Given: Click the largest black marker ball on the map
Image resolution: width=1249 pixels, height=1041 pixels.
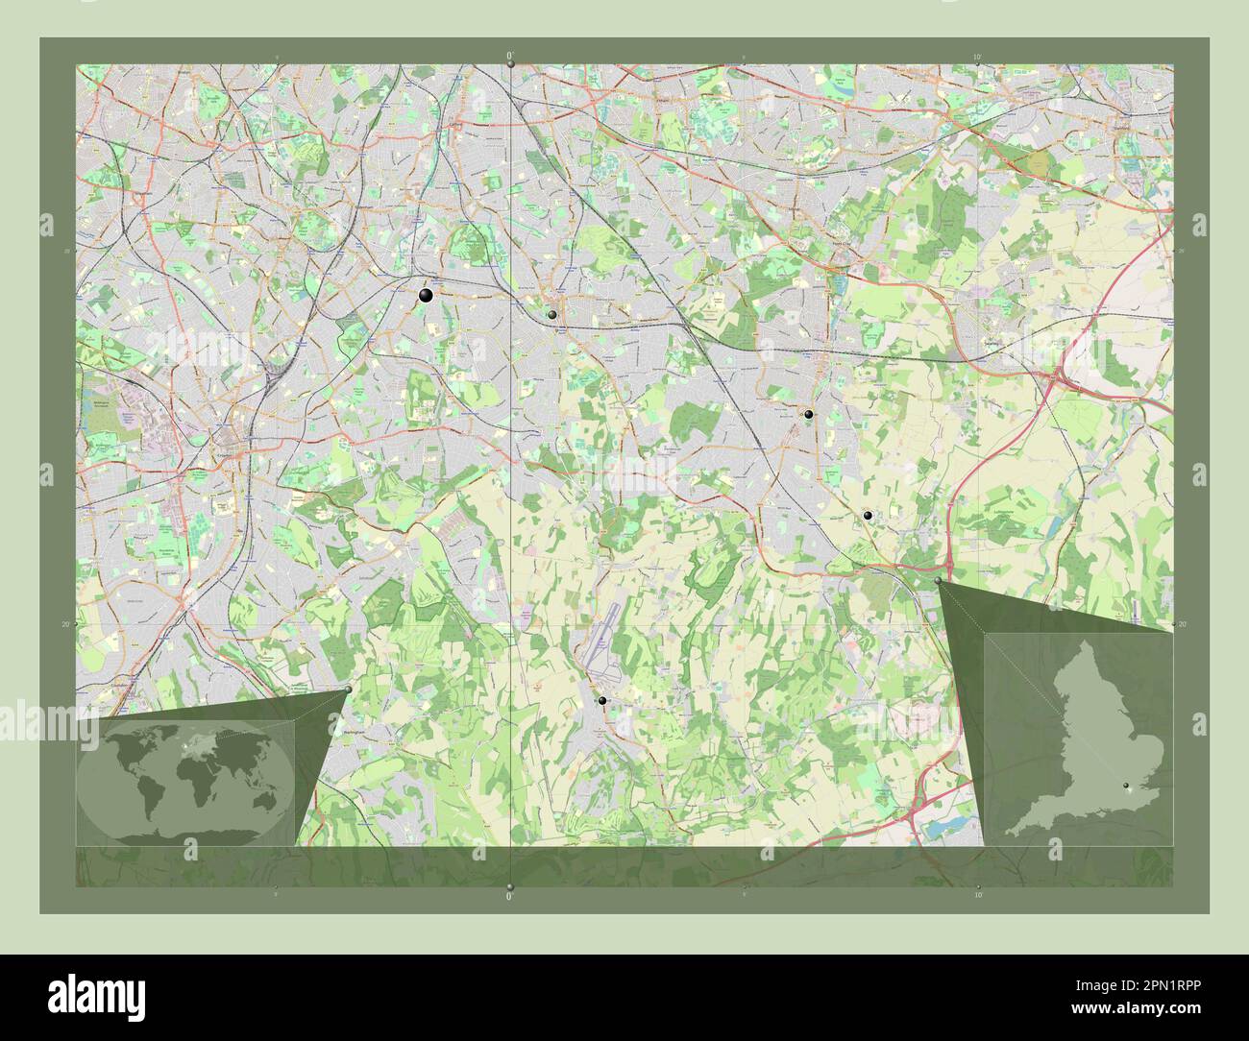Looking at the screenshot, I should coord(426,297).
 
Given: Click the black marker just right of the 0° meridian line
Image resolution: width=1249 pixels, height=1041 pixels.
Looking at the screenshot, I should coord(552,314).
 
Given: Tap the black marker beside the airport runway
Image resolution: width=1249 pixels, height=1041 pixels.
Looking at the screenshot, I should coord(602,701).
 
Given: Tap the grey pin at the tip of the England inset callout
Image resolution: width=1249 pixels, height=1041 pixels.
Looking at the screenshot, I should coord(939,581).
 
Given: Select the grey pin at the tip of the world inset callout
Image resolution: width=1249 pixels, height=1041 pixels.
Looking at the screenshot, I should coord(348,690).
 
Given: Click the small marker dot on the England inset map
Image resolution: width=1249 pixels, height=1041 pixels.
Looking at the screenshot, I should coord(1128,787).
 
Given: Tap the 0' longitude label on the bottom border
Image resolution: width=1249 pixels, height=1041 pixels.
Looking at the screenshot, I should coord(510,896).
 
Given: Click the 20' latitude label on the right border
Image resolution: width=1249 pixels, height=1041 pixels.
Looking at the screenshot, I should coord(1183,624).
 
